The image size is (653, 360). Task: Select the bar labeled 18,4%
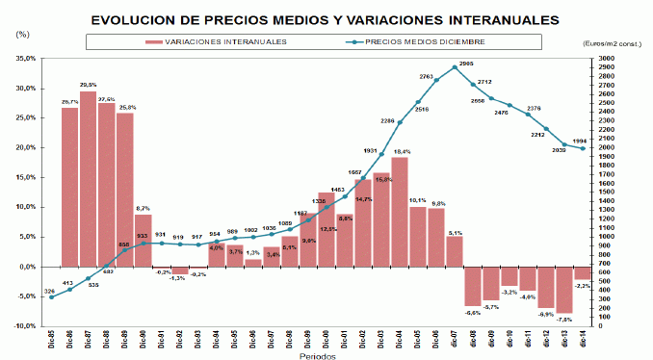(x=400, y=211)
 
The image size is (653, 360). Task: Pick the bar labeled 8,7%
(x=143, y=240)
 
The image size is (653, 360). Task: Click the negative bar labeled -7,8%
(x=564, y=289)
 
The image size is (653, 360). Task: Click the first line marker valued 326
(x=51, y=296)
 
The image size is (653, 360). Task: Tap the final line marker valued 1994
(x=582, y=148)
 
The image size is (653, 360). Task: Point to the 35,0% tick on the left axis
(x=25, y=59)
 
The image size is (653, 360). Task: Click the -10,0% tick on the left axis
(x=23, y=326)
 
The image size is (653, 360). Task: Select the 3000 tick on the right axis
(x=607, y=59)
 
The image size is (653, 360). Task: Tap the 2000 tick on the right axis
(x=607, y=148)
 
